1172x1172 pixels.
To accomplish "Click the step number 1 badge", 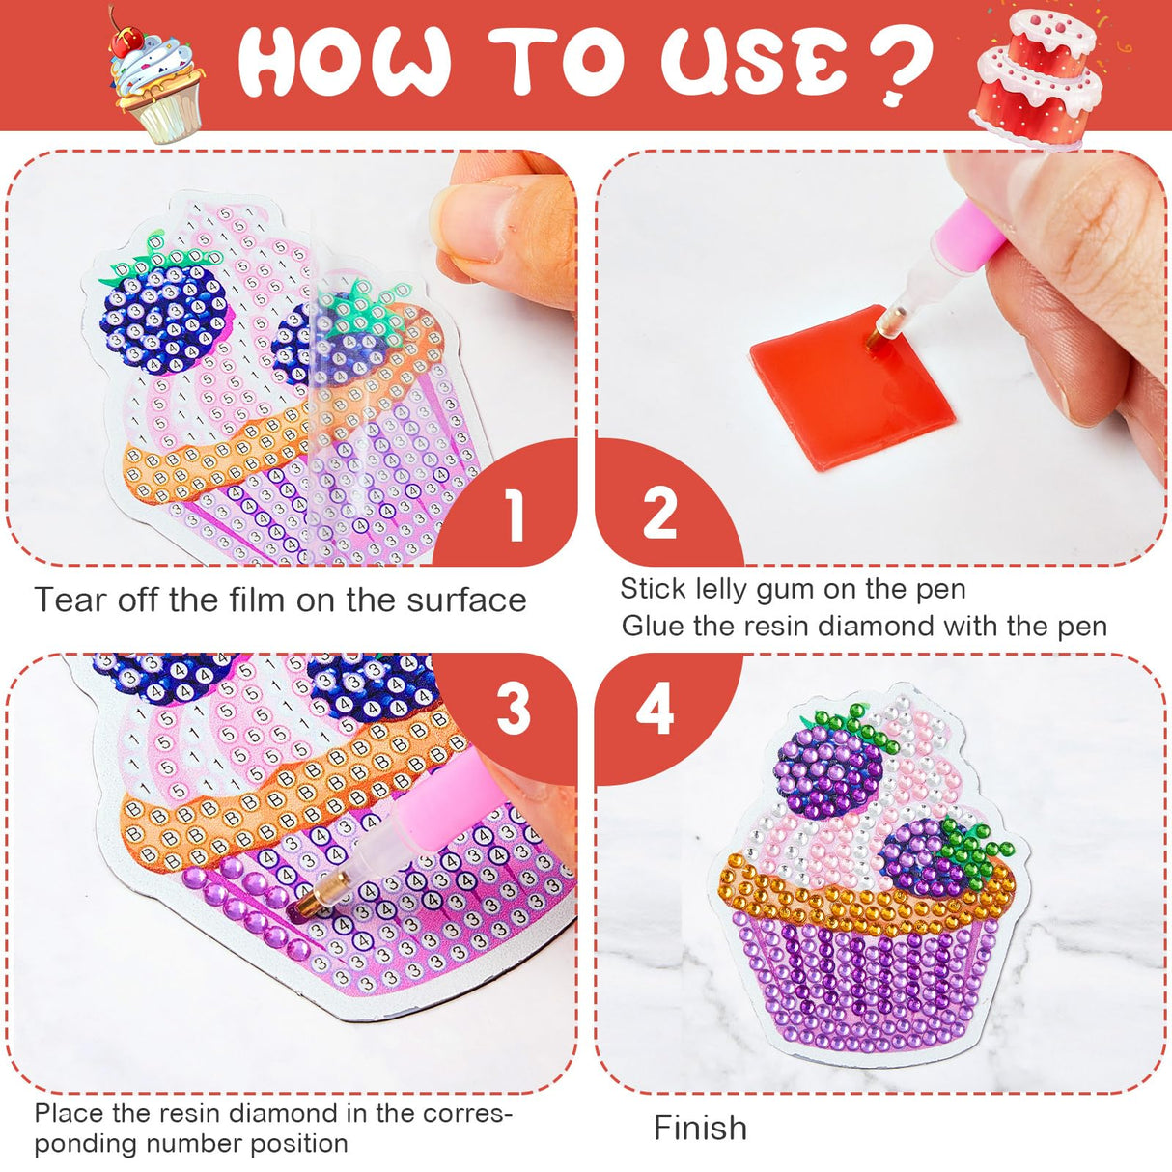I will pos(516,514).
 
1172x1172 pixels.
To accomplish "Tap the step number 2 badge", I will pos(659,514).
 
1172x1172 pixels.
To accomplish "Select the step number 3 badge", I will pos(514,711).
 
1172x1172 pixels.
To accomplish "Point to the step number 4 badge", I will pos(656,711).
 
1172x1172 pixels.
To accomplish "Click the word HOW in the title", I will pos(344,64).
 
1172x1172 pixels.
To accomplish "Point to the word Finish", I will pos(700,1128).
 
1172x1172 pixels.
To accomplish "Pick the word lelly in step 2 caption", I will pos(719,589).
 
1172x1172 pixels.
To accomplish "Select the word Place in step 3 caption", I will pos(70,1113).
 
